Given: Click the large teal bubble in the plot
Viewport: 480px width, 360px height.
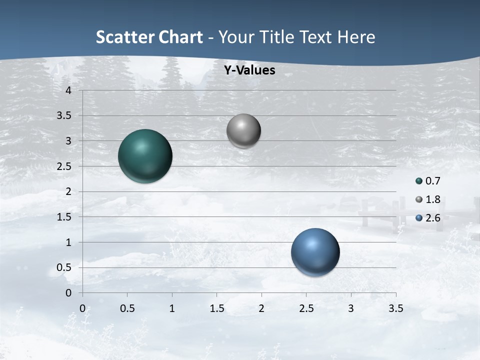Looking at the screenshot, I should (145, 156).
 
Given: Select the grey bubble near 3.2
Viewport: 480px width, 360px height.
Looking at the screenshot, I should (243, 131).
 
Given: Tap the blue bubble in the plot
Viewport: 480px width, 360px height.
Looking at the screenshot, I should (315, 252).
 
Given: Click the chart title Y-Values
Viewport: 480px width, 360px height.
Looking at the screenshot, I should (249, 70).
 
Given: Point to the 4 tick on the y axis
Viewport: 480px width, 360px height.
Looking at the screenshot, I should (68, 90).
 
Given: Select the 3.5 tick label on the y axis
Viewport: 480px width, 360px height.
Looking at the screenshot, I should (64, 116).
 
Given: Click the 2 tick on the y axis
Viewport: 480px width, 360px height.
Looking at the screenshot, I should (68, 192).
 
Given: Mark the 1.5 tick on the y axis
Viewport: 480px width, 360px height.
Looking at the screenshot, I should (64, 217).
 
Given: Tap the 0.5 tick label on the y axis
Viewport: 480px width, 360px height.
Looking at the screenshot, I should (64, 268).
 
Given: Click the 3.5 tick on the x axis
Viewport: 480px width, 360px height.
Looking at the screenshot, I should (395, 308).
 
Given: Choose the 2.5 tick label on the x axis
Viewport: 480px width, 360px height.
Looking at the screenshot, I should (306, 308).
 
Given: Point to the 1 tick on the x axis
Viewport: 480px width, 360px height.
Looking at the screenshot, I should (172, 308).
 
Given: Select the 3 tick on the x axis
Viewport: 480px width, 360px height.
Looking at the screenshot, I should (351, 308).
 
